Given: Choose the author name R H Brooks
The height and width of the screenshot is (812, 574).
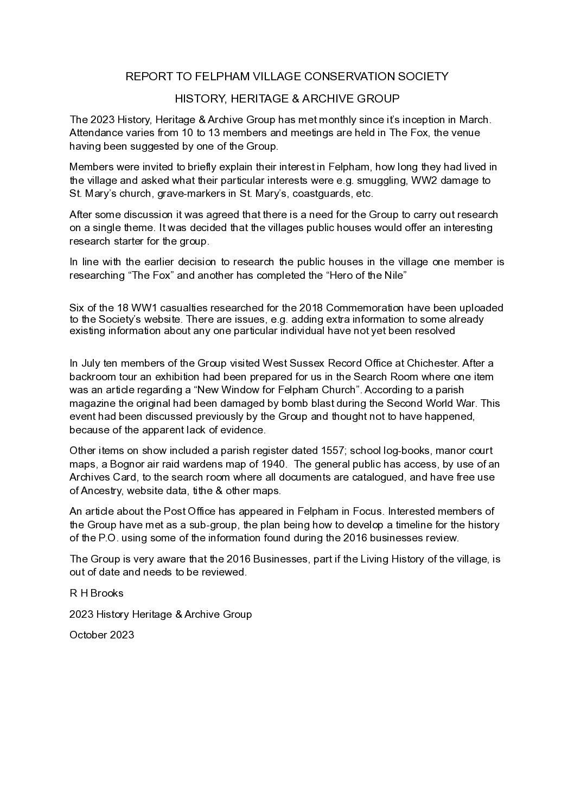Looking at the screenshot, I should (97, 593).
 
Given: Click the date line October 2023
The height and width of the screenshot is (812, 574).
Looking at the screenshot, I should (101, 635).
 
